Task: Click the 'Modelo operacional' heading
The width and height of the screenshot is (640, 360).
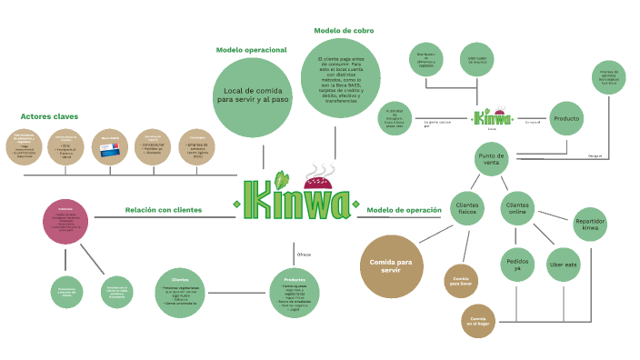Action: coord(251,50)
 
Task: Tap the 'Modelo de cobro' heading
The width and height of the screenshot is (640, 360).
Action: coord(344,30)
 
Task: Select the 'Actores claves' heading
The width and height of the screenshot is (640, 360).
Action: coord(49,116)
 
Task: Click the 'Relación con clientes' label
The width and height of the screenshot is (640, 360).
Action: coord(164,210)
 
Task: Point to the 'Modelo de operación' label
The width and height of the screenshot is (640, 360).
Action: coord(404,210)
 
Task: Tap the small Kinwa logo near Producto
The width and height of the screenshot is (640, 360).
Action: coord(493,118)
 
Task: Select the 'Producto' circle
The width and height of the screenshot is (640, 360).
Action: coord(566,119)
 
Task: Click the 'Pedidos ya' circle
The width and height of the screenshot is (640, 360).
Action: coord(515,265)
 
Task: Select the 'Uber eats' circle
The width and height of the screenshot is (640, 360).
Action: coord(563,265)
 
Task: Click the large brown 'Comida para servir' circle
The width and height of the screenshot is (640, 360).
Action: coord(391,266)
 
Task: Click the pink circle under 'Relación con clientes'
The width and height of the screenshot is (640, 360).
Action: coord(66,222)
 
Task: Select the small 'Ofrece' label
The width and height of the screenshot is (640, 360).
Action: coord(304,255)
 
